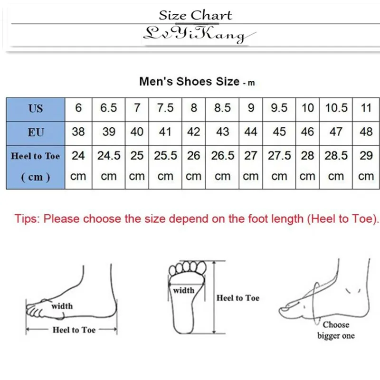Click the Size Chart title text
point(195,15)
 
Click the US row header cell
point(36,109)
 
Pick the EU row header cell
point(36,132)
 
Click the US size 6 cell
point(78,108)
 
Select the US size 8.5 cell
point(222,108)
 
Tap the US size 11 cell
point(366,108)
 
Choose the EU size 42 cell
point(194,132)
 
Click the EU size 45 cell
point(279,132)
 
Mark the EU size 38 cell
point(78,132)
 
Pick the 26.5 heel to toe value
point(222,156)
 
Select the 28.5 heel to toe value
point(336,156)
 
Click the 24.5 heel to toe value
point(109,156)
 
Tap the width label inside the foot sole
point(183,290)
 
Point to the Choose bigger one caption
point(336,330)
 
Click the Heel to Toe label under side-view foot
point(74,330)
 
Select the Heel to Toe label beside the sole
point(238,298)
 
